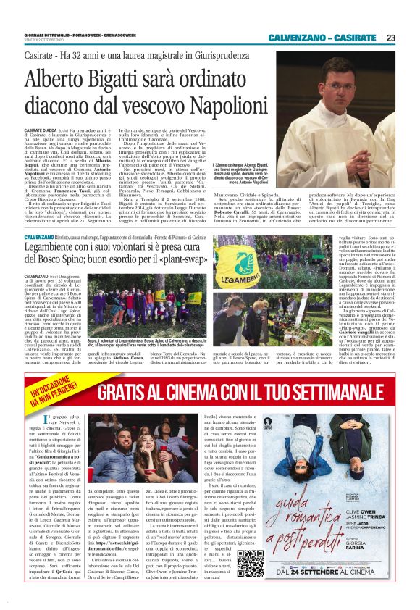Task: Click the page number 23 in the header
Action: click(x=390, y=38)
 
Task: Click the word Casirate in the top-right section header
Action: click(x=355, y=38)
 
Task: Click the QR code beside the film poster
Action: click(x=250, y=563)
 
